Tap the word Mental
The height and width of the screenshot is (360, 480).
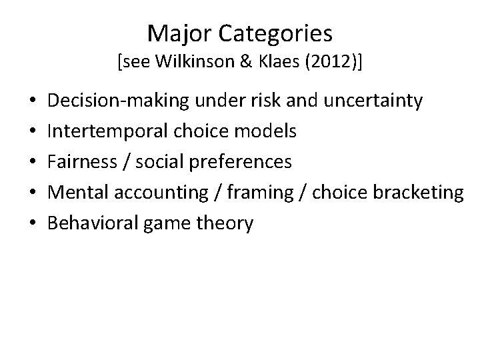79,193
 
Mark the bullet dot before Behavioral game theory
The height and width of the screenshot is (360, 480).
33,224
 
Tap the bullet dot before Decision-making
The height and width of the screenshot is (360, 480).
33,102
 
